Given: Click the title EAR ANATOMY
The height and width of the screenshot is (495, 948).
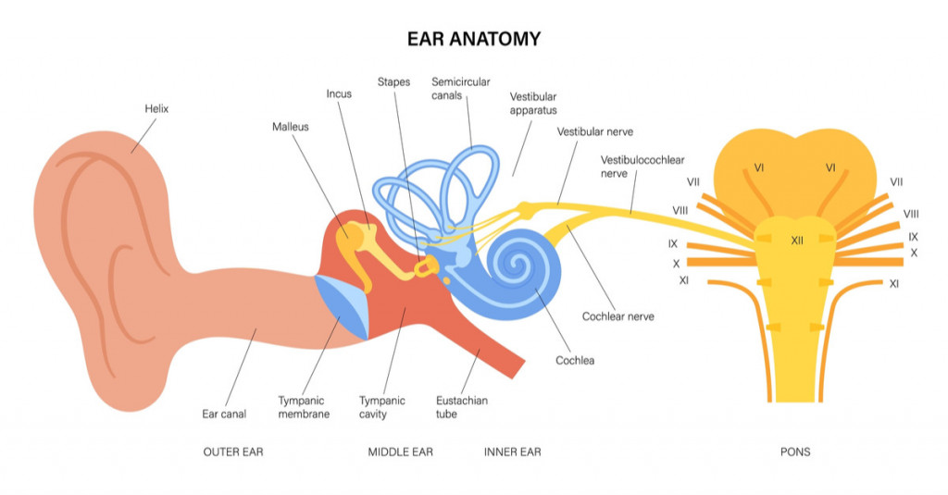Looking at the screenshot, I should click(x=473, y=39).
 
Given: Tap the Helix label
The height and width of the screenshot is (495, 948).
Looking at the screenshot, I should click(x=156, y=108).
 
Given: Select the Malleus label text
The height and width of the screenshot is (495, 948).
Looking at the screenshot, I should click(x=292, y=126).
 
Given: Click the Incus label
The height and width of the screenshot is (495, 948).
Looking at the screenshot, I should click(x=339, y=93).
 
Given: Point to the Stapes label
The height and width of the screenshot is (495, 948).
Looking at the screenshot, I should click(x=393, y=81).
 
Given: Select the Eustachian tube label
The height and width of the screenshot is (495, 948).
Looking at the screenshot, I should click(x=461, y=407).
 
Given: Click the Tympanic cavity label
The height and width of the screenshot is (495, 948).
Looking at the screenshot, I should click(x=381, y=407).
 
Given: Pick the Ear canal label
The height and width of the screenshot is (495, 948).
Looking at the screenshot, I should click(x=224, y=414).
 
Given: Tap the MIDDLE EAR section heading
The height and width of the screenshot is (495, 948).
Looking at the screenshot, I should click(x=400, y=452).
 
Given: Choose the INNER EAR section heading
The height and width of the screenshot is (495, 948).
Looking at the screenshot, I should click(x=512, y=452).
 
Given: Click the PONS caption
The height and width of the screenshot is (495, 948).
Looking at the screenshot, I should click(x=795, y=452).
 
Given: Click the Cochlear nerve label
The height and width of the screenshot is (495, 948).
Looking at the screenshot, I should click(x=617, y=316).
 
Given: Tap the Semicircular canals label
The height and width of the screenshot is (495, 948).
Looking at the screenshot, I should click(x=460, y=88).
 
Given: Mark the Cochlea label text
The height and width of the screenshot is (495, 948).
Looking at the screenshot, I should click(x=574, y=360).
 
